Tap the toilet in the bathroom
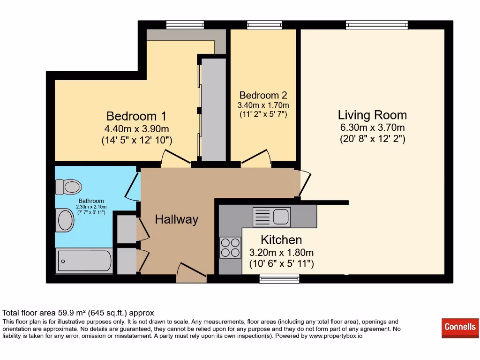point(68,187)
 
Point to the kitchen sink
point(272,217)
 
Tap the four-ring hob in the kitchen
point(230,247)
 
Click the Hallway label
point(177,219)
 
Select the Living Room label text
point(372,115)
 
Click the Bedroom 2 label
point(263,96)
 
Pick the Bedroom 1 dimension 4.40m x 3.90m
point(136,128)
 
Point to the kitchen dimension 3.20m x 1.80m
point(281,253)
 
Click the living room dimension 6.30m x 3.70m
point(372,127)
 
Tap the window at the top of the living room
point(377,25)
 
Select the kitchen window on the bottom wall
point(279,278)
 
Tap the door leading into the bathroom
point(133,187)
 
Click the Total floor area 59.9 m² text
point(78,313)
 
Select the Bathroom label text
point(91,201)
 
